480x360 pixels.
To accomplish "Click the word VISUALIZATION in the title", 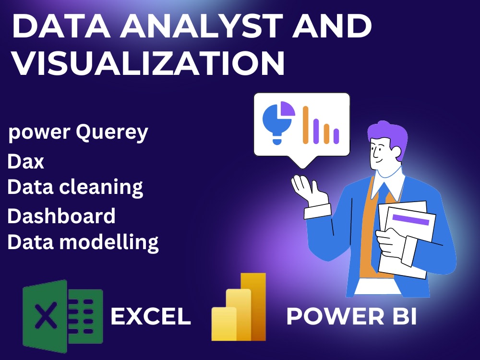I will coord(148,64).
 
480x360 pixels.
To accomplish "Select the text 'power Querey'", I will coord(78,132).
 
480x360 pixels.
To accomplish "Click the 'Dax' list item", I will coord(26,162).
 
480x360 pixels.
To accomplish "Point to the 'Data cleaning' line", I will coord(75,187).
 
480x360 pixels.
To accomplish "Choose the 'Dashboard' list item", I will coord(61,216).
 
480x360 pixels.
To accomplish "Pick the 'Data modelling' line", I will coord(83,242).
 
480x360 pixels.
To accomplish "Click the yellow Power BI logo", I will coord(239,307).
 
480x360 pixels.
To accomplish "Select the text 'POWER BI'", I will coord(351,317).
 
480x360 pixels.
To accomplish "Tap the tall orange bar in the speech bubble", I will coord(305,125).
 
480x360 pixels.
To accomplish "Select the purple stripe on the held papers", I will coord(410,219).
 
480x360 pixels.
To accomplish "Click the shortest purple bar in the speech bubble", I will coord(336,136).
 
